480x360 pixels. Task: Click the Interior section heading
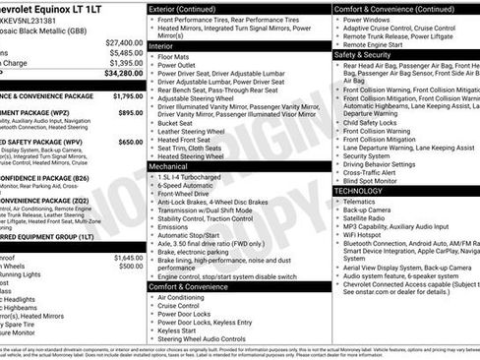(163, 45)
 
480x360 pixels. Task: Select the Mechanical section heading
(169, 167)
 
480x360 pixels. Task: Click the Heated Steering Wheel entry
(197, 156)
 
